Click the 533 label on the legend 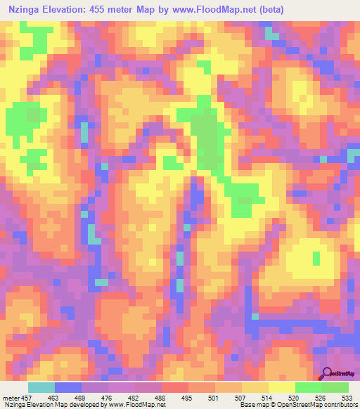point(346,397)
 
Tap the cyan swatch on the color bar point(41,387)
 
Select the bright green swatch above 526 point(308,387)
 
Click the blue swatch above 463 point(68,387)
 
